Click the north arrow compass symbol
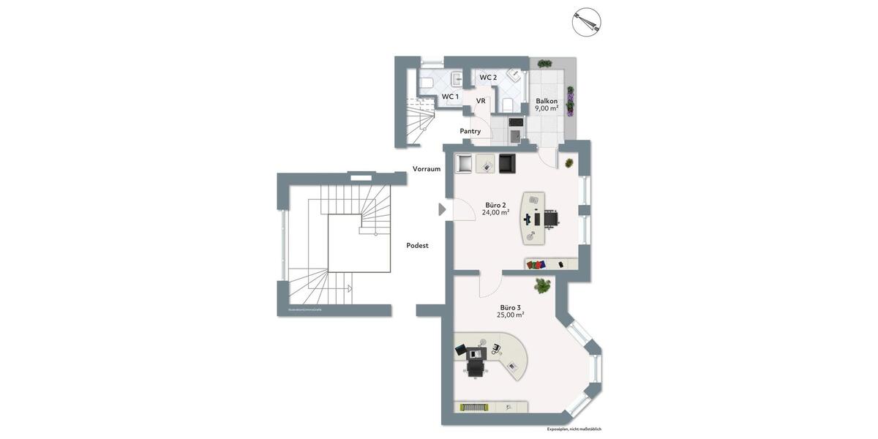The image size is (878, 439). [585, 21]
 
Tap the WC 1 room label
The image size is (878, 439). [450, 97]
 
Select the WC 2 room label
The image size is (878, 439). [488, 78]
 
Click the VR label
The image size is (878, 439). [481, 101]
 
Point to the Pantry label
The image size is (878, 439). [470, 131]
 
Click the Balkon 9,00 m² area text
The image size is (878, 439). [547, 108]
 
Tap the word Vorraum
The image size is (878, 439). [427, 169]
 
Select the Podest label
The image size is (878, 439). [417, 246]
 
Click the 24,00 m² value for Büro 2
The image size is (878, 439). [495, 213]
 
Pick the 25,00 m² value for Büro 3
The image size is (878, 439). [510, 315]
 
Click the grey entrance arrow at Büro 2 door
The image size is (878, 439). [441, 210]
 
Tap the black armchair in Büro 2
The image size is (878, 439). [507, 163]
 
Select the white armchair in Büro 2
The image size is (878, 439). [464, 163]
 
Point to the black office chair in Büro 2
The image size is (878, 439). [550, 217]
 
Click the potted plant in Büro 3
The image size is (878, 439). [542, 285]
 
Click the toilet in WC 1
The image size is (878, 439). [425, 83]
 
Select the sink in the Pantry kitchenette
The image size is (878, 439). [514, 136]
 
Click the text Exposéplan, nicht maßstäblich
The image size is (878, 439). [574, 429]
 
